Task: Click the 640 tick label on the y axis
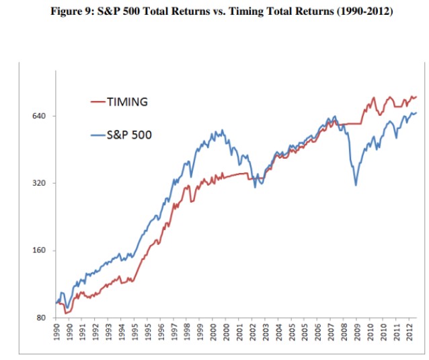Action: [x=38, y=116]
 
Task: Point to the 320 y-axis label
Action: [x=38, y=183]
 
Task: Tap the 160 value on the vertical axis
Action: [x=38, y=250]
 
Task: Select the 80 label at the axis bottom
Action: [x=41, y=318]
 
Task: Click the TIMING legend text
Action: [x=127, y=102]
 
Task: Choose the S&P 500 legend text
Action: [x=129, y=135]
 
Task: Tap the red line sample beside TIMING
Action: [x=98, y=102]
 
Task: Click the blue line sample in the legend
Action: [x=98, y=135]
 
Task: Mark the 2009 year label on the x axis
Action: [x=357, y=332]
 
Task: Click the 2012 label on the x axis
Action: [x=409, y=332]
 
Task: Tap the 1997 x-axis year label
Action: [x=173, y=332]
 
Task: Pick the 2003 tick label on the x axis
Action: [x=265, y=332]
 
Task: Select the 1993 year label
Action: [x=108, y=332]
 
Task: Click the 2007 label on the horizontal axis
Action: [x=331, y=332]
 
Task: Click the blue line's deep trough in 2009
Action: [x=356, y=185]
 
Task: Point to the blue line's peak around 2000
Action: [x=222, y=130]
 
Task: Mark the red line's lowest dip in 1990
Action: [x=65, y=313]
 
